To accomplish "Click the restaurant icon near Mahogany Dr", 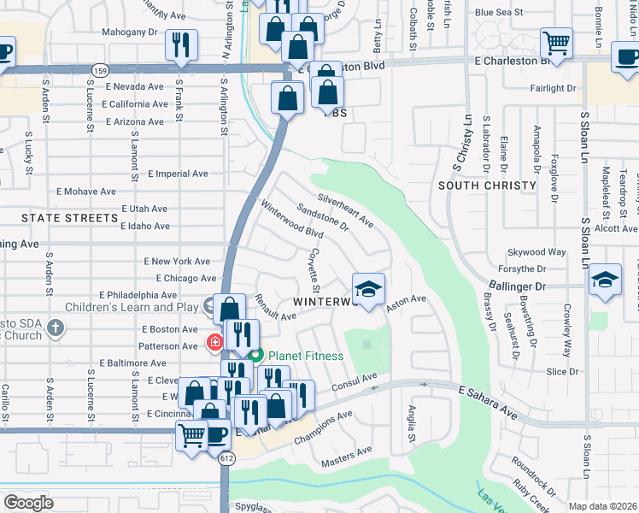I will pyautogui.click(x=181, y=44).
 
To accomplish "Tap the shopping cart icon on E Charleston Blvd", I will pyautogui.click(x=556, y=44).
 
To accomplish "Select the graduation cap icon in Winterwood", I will pyautogui.click(x=368, y=290).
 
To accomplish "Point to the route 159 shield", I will pyautogui.click(x=100, y=68).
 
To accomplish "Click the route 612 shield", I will pyautogui.click(x=226, y=458).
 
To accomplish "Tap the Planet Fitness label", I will pyautogui.click(x=305, y=356).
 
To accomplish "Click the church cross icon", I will pyautogui.click(x=56, y=327).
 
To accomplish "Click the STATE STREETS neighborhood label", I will pyautogui.click(x=69, y=218).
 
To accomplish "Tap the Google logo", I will pyautogui.click(x=28, y=503).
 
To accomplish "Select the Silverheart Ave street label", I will pyautogui.click(x=345, y=209).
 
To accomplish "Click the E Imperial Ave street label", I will pyautogui.click(x=178, y=174).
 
